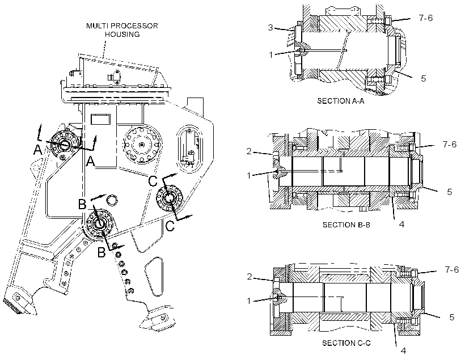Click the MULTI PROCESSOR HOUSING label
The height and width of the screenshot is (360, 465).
122,30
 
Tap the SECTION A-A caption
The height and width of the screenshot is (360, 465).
341,101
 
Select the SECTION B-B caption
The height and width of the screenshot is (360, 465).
346,225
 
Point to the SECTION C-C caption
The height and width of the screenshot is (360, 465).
346,343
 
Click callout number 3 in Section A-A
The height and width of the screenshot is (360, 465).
270,28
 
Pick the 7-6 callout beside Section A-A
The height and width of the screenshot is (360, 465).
426,18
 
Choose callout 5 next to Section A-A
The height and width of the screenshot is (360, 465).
423,79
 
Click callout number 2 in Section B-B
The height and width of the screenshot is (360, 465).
249,151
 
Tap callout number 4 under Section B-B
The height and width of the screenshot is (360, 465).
401,224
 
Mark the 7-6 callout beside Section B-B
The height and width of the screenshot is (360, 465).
450,145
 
